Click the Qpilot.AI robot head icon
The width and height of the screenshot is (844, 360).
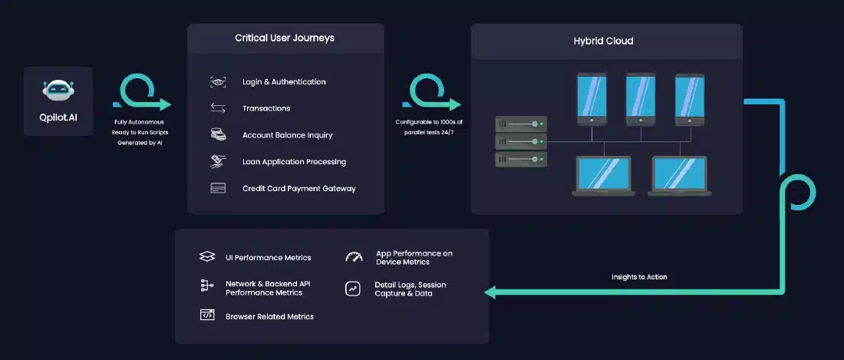(58, 91)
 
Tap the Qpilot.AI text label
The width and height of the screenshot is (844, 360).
(58, 117)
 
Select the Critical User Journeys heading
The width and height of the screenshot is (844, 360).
(285, 38)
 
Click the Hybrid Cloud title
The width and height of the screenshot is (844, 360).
(603, 41)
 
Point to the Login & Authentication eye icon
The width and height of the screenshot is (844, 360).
(218, 82)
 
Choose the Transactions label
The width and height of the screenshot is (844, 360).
(266, 108)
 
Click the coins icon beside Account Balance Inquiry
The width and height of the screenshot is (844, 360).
(218, 134)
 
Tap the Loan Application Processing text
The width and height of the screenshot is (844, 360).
(295, 162)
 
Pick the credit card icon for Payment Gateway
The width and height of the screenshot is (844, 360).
(218, 188)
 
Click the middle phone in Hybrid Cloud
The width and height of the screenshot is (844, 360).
(641, 100)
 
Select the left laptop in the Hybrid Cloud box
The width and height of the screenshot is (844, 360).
(603, 176)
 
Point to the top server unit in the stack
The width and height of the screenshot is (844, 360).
(521, 124)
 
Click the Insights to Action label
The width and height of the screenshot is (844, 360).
(639, 277)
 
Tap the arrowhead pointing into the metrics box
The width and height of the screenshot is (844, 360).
(490, 292)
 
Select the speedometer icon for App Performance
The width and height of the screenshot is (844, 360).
(354, 256)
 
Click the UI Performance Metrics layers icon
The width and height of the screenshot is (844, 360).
(207, 256)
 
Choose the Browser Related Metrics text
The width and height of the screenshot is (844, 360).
(269, 316)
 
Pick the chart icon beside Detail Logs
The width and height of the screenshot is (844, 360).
(353, 289)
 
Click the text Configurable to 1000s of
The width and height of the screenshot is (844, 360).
(429, 122)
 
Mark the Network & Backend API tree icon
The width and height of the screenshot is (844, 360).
(206, 286)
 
